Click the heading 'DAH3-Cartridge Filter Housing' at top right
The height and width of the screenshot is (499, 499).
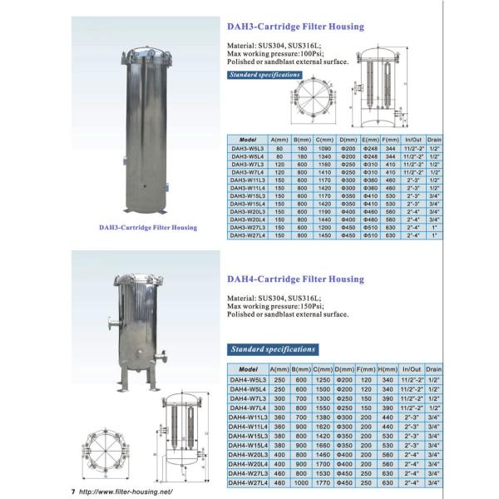pyautogui.click(x=295, y=27)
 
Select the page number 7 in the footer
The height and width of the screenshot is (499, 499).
pyautogui.click(x=73, y=492)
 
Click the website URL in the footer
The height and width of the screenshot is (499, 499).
pyautogui.click(x=130, y=492)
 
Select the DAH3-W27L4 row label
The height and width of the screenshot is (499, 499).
pyautogui.click(x=247, y=235)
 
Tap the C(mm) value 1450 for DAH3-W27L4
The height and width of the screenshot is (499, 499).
pyautogui.click(x=325, y=235)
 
